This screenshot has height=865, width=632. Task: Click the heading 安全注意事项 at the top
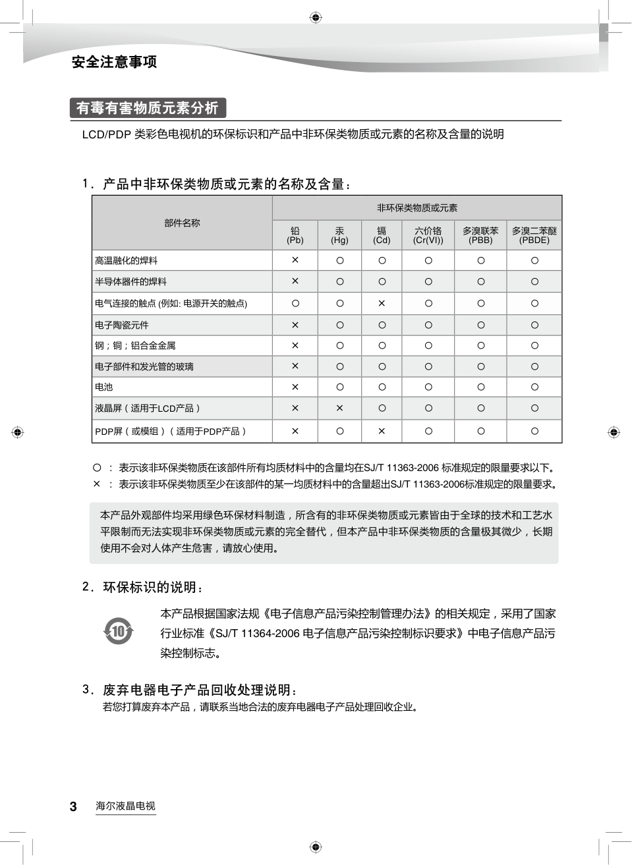[x=114, y=62]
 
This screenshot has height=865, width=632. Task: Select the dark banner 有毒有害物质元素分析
[x=148, y=108]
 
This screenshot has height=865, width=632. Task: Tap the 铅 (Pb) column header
[x=295, y=235]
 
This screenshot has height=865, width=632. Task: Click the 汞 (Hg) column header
[x=339, y=235]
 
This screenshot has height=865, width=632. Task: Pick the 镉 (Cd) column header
[x=382, y=235]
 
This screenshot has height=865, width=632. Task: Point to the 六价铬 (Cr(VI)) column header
[x=428, y=235]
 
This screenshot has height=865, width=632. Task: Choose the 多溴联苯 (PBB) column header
[x=480, y=235]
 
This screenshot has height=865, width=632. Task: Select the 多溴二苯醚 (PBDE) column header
[x=534, y=235]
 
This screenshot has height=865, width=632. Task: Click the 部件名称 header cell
[x=182, y=223]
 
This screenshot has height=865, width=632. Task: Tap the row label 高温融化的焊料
[x=127, y=261]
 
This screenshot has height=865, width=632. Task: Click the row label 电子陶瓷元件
[x=122, y=325]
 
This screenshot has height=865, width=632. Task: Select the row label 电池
[x=104, y=387]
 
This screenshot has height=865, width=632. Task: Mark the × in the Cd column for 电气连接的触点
[x=382, y=304]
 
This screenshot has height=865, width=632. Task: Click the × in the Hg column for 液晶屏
[x=339, y=408]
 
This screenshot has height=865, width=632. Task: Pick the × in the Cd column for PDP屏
[x=382, y=432]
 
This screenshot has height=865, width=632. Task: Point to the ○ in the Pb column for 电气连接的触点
[x=295, y=304]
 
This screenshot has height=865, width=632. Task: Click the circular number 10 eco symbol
[x=119, y=632]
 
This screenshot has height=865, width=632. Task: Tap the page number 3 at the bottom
[x=73, y=806]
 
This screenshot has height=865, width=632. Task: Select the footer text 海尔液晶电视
[x=125, y=806]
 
